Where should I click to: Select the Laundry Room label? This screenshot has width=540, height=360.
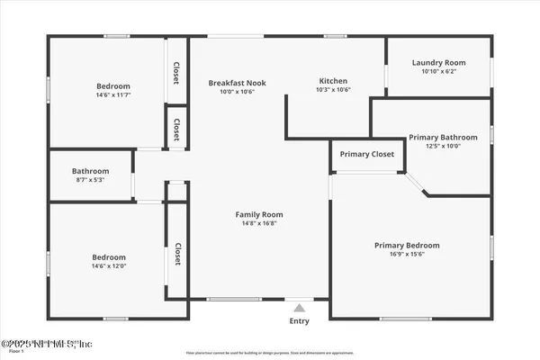tap(436, 62)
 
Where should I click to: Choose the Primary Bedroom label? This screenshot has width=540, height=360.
tap(407, 245)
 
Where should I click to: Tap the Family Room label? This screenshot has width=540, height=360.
tap(259, 214)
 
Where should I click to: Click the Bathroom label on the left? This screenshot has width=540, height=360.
tap(90, 171)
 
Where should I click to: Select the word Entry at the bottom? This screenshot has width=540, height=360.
tap(299, 320)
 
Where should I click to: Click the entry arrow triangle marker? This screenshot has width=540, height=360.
tap(299, 306)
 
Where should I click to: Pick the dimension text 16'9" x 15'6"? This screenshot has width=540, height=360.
tap(407, 255)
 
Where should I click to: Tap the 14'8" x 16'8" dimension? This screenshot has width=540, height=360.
tap(259, 224)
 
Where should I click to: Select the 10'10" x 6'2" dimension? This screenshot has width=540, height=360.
tap(436, 72)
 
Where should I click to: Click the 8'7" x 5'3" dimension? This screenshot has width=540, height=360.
tap(90, 180)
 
